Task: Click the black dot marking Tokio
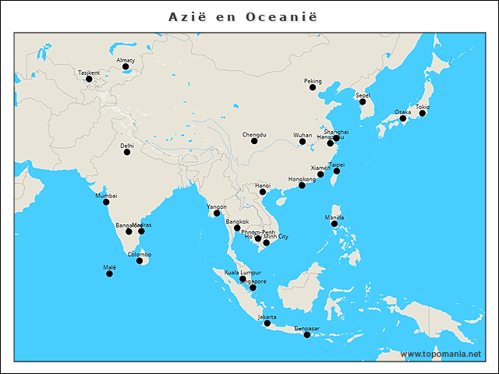(x=423, y=114)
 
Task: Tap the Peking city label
(x=313, y=81)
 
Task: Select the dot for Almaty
(x=126, y=67)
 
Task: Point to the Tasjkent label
(x=89, y=72)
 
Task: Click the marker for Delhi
(x=127, y=152)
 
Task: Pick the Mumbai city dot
(x=106, y=203)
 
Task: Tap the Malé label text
(x=109, y=267)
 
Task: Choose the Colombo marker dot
(x=140, y=261)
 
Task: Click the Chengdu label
(x=254, y=134)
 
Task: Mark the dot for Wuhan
(x=303, y=142)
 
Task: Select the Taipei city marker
(x=337, y=171)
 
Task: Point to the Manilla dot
(x=334, y=224)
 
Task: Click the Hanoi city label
(x=263, y=185)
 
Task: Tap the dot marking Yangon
(x=217, y=213)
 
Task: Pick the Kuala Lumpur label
(x=242, y=272)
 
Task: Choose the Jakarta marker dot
(x=267, y=324)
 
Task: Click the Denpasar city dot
(x=307, y=335)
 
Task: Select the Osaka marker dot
(x=403, y=119)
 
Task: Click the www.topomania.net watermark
(x=441, y=355)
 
